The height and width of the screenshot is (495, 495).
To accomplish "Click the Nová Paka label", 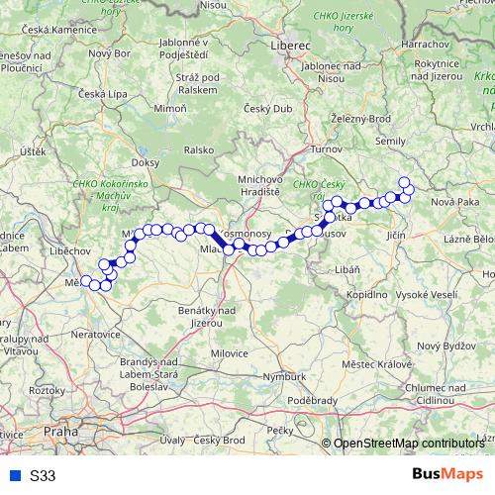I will [454, 202].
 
